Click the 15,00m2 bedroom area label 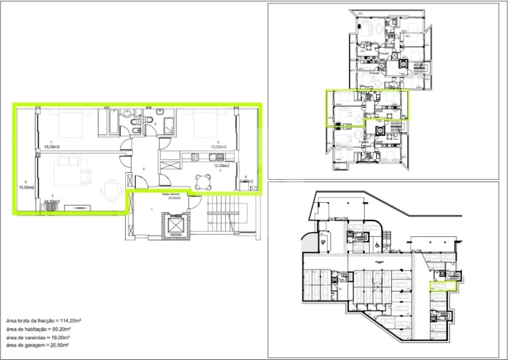tap(50, 147)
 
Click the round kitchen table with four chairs tap(203, 181)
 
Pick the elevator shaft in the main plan tap(173, 227)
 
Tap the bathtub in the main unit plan tap(112, 122)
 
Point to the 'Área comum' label tap(173, 194)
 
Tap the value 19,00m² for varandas tap(73, 337)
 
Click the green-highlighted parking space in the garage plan tap(441, 286)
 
